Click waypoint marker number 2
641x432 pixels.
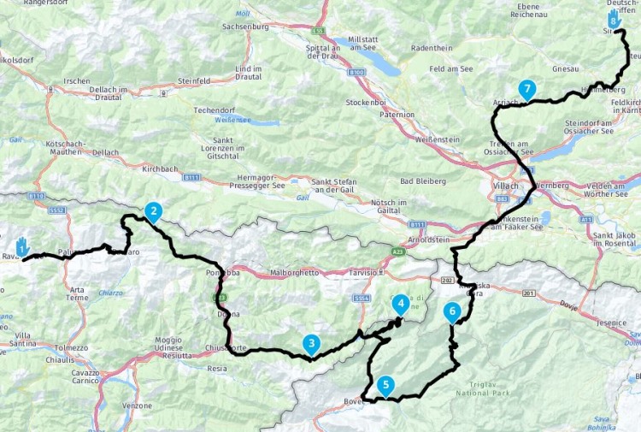click(153, 210)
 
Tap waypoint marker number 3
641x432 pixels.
click(312, 344)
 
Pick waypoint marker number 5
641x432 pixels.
click(386, 386)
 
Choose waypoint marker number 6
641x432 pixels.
click(451, 312)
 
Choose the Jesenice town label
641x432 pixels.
click(612, 323)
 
